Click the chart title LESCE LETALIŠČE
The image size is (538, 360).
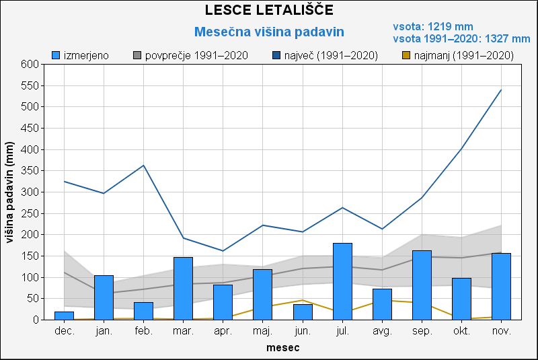tap(269, 10)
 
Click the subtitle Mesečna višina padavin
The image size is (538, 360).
tap(269, 32)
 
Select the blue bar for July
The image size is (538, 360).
tap(342, 281)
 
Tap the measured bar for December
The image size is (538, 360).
tap(64, 316)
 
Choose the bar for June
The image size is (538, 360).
tap(303, 312)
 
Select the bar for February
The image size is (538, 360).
tap(143, 311)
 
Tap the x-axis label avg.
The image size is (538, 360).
tap(382, 331)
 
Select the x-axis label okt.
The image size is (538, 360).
tap(461, 331)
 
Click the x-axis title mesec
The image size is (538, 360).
tap(282, 348)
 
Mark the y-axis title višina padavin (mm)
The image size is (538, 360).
tap(9, 192)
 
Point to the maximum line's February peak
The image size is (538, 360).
tap(143, 166)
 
